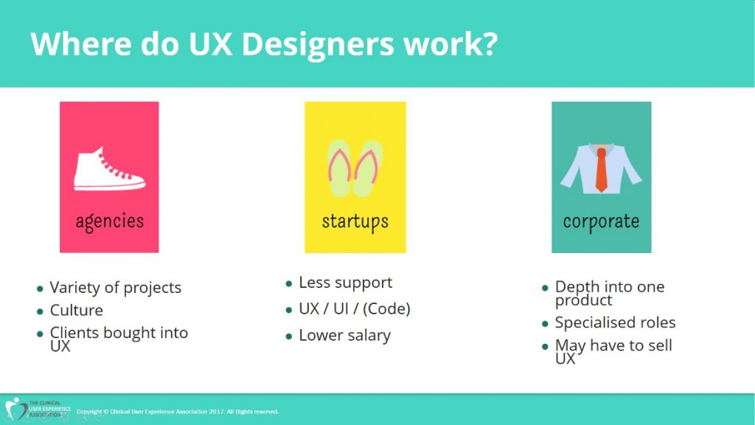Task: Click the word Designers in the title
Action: click(318, 44)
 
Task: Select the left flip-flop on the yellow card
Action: click(339, 168)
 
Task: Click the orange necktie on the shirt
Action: click(602, 170)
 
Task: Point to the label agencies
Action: click(110, 221)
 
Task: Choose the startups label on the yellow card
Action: click(355, 221)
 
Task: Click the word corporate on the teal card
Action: click(602, 221)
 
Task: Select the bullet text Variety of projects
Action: click(116, 288)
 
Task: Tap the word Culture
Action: click(77, 310)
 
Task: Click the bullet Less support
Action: click(346, 283)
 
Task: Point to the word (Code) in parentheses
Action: click(386, 308)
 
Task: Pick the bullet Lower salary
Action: click(345, 336)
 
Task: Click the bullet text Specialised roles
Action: click(616, 323)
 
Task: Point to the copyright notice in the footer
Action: click(178, 412)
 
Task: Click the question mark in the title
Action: click(489, 44)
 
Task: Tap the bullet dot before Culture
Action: click(40, 311)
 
